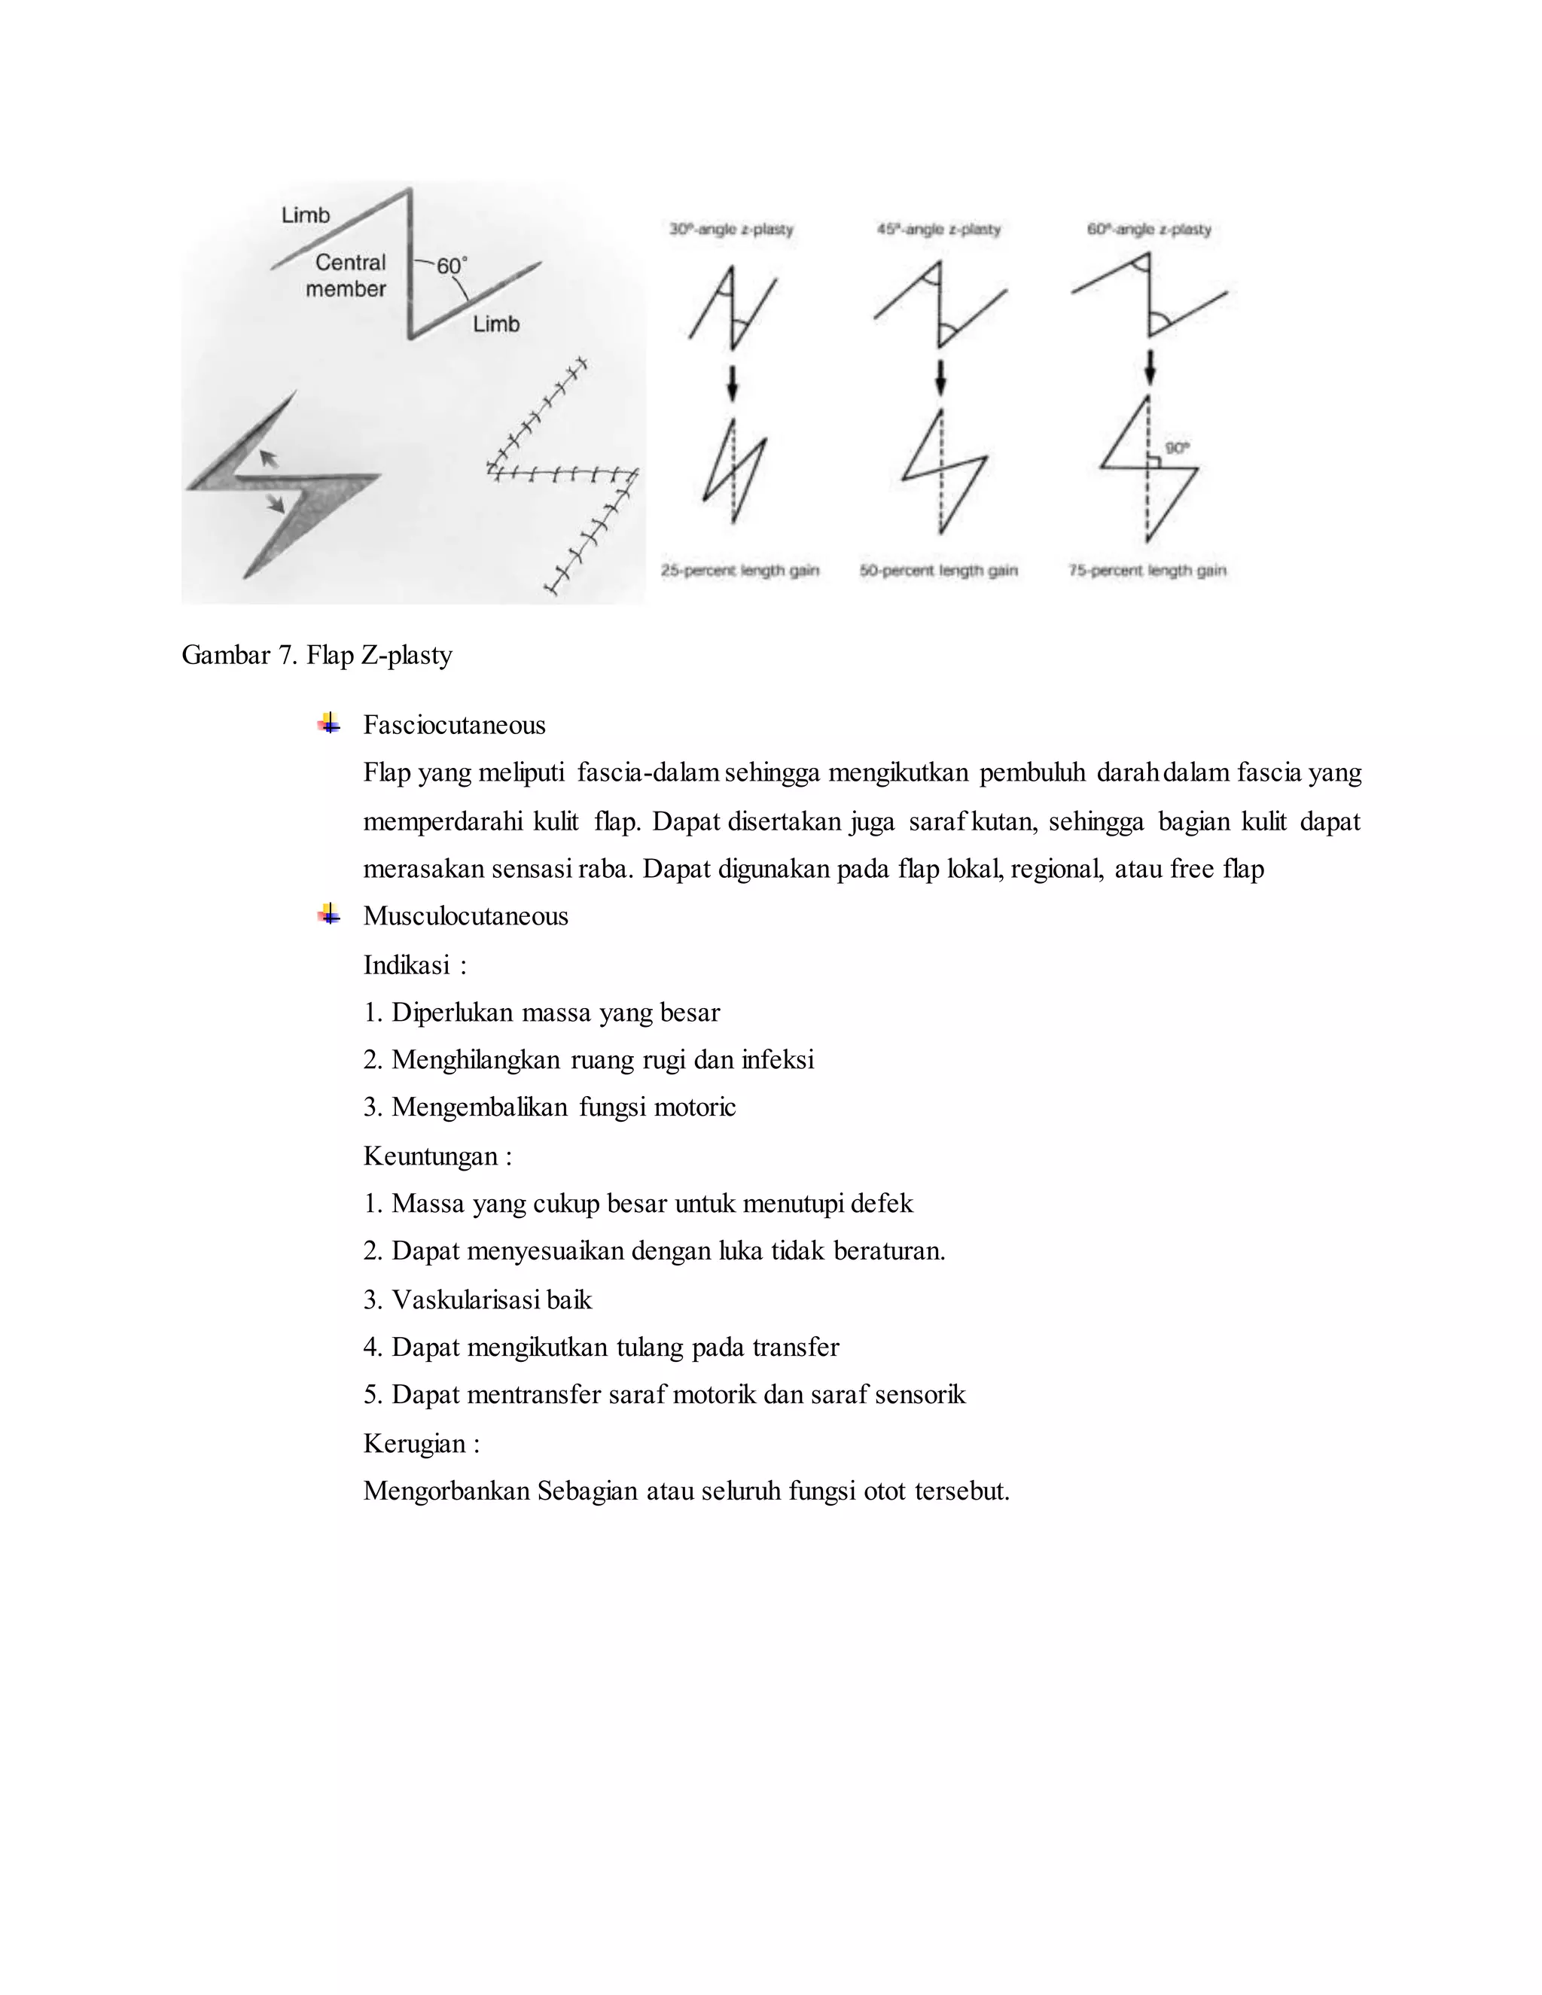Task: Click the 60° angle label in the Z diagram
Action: point(451,266)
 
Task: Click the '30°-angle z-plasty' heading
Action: point(731,230)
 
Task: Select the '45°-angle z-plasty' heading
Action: point(938,230)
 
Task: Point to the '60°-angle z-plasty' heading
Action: point(1148,230)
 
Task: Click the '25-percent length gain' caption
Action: point(740,571)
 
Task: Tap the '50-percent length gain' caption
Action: point(938,571)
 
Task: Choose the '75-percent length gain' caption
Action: point(1147,571)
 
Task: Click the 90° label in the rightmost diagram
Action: point(1177,449)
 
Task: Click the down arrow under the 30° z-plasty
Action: point(732,382)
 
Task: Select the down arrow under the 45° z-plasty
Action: point(940,376)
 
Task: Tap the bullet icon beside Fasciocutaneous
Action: point(330,723)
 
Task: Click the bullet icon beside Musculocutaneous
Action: point(330,915)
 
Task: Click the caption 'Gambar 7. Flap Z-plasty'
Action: point(317,655)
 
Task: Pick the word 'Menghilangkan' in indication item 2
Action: point(476,1060)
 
